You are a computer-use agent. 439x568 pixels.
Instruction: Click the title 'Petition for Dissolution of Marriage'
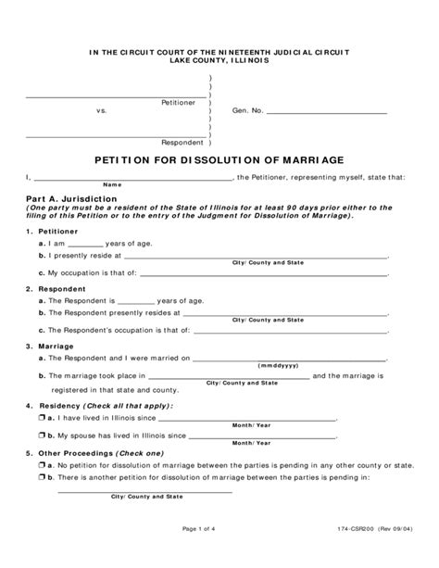[x=219, y=158]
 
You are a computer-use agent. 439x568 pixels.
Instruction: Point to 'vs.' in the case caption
[x=103, y=111]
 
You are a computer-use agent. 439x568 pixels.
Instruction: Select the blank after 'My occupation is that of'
[x=263, y=274]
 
